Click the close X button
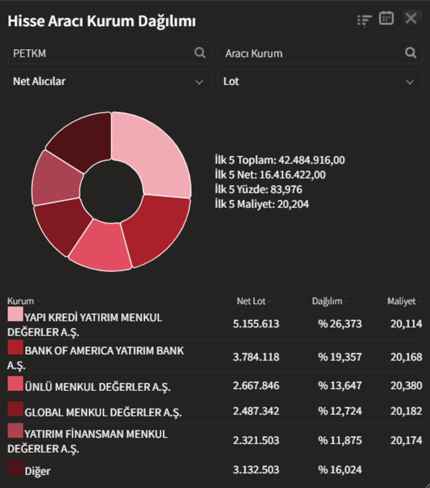point(411,18)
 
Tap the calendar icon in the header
point(386,18)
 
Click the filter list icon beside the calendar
point(364,20)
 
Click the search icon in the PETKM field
point(200,53)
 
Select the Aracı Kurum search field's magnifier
point(411,53)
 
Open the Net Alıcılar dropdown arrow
point(199,82)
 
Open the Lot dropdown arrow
point(410,82)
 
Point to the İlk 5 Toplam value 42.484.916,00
point(312,160)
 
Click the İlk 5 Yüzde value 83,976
point(286,190)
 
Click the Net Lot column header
point(251,301)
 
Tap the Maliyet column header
point(401,301)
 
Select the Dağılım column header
point(327,301)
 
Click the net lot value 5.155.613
point(256,324)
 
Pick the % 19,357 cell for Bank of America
point(340,357)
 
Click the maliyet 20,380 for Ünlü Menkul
point(406,386)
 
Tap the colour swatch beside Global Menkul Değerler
point(15,409)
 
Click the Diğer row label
point(38,471)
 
